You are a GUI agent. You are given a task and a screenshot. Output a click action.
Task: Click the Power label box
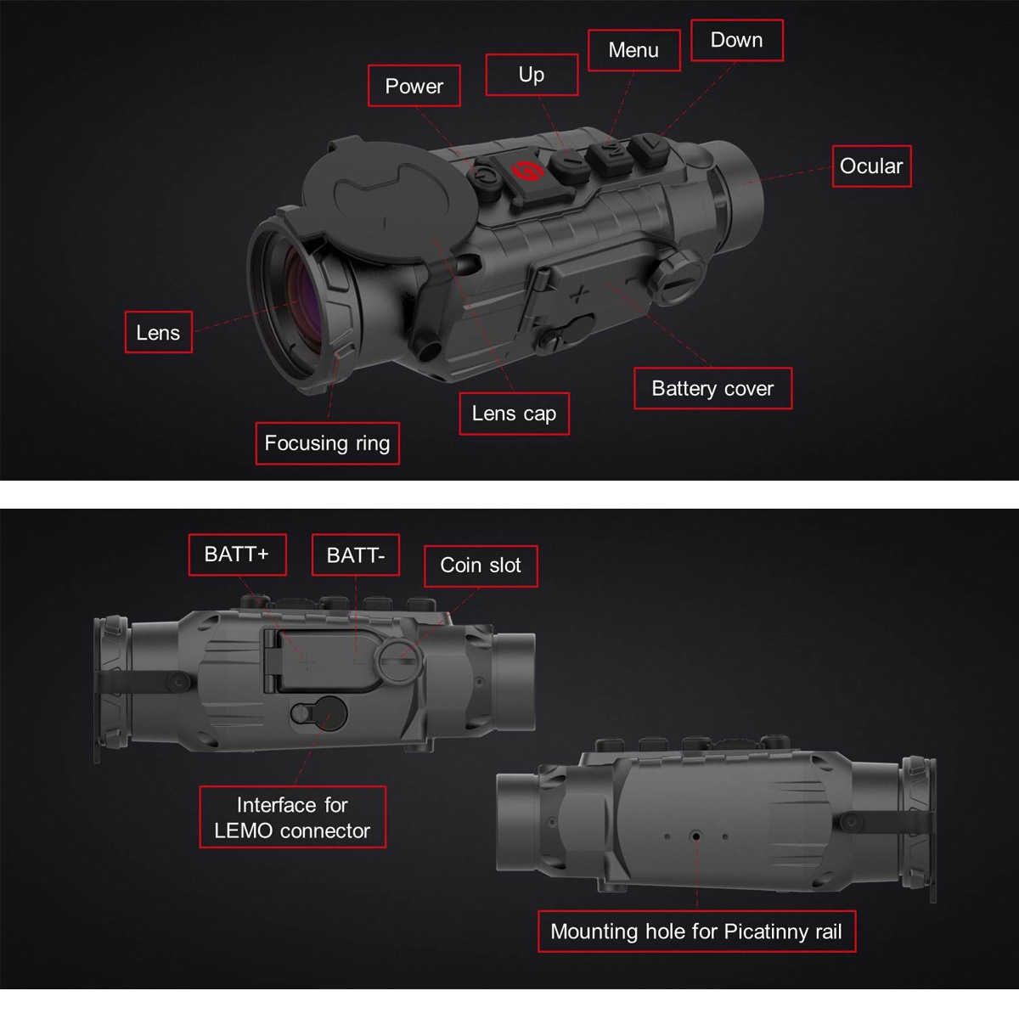click(x=414, y=86)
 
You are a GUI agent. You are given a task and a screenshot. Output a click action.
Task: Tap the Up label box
click(x=532, y=75)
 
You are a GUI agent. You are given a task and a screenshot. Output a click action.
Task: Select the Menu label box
click(x=633, y=50)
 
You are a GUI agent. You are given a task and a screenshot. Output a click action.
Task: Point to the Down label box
click(x=736, y=40)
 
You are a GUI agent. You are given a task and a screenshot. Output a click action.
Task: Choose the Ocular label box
click(x=871, y=166)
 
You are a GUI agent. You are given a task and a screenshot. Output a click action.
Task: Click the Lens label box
click(x=158, y=332)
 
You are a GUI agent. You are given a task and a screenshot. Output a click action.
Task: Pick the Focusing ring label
click(x=327, y=443)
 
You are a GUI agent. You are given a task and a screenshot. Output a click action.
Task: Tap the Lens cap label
click(x=514, y=414)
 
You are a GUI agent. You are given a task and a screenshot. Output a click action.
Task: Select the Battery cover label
click(x=712, y=388)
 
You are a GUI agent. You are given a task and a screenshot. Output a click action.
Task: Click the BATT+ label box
click(x=237, y=555)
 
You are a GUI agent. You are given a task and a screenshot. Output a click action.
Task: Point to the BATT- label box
click(x=355, y=555)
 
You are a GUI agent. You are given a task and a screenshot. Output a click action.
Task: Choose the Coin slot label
click(x=481, y=566)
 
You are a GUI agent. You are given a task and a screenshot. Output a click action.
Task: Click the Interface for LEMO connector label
click(x=292, y=817)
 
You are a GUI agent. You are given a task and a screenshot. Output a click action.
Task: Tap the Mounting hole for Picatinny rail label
click(x=696, y=932)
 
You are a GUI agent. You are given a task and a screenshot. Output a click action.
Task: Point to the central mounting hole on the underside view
click(x=696, y=836)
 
